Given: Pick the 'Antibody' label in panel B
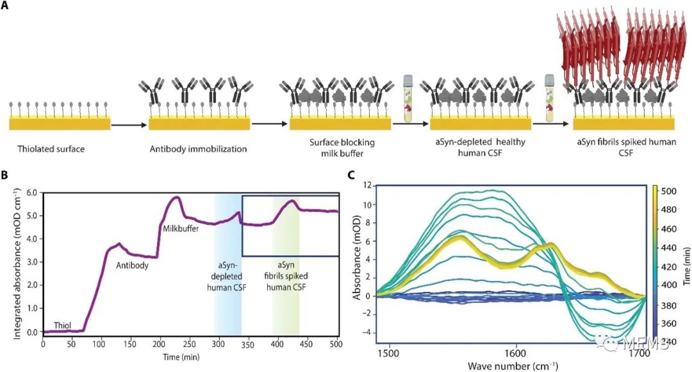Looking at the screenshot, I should [x=130, y=265].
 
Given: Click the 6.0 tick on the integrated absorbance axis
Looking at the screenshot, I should [x=31, y=192].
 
